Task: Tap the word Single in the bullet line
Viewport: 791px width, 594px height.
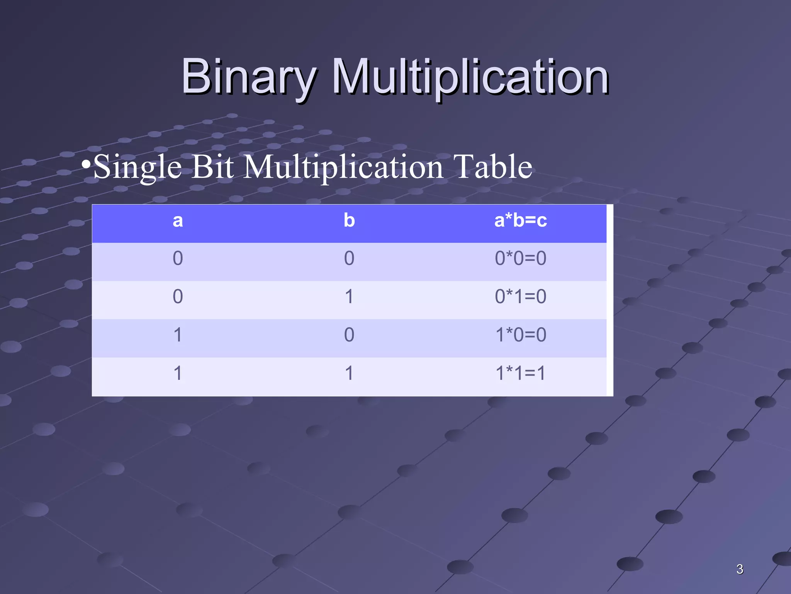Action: (137, 167)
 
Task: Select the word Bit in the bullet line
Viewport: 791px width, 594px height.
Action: (212, 167)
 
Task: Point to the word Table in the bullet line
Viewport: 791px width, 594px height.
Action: (492, 167)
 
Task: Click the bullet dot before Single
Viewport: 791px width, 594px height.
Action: (86, 164)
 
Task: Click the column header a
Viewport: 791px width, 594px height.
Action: (177, 221)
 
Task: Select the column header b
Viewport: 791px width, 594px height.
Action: (349, 221)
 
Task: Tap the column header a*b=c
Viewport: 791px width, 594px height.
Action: (520, 221)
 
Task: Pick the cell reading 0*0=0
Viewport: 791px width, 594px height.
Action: (520, 258)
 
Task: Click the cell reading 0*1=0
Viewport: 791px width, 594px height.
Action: (520, 297)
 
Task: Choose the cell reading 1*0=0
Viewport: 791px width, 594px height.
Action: (520, 335)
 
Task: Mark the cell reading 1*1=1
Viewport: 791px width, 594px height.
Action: (520, 373)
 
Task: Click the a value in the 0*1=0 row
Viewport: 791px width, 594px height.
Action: (177, 297)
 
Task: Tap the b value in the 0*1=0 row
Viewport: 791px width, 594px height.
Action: (349, 297)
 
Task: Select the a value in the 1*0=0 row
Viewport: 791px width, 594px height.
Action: (177, 335)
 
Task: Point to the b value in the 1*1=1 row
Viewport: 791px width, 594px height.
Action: (349, 373)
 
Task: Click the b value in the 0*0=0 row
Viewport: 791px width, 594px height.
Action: (349, 258)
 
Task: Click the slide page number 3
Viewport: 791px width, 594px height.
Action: (739, 569)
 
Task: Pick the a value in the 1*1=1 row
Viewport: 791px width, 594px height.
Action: (177, 373)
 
